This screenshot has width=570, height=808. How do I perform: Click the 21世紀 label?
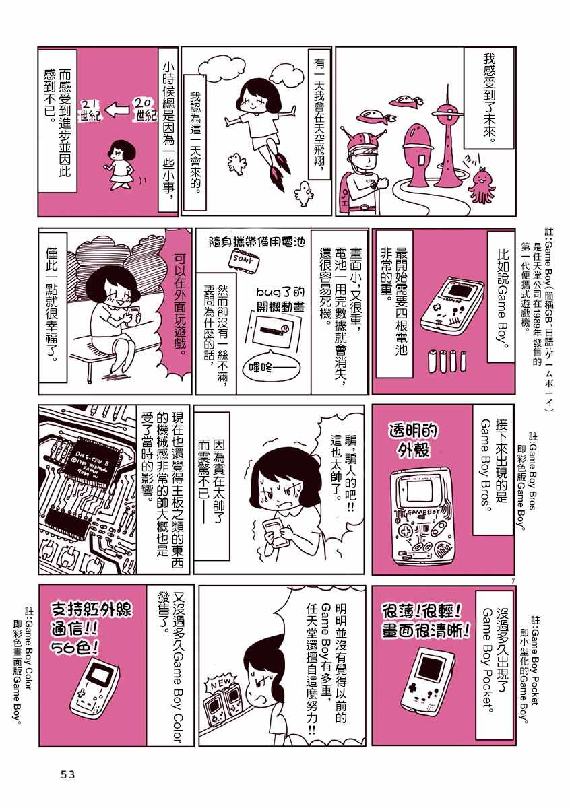(90, 110)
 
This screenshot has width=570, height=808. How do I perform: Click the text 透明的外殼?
(413, 441)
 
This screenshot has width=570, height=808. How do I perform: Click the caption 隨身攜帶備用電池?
(257, 241)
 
